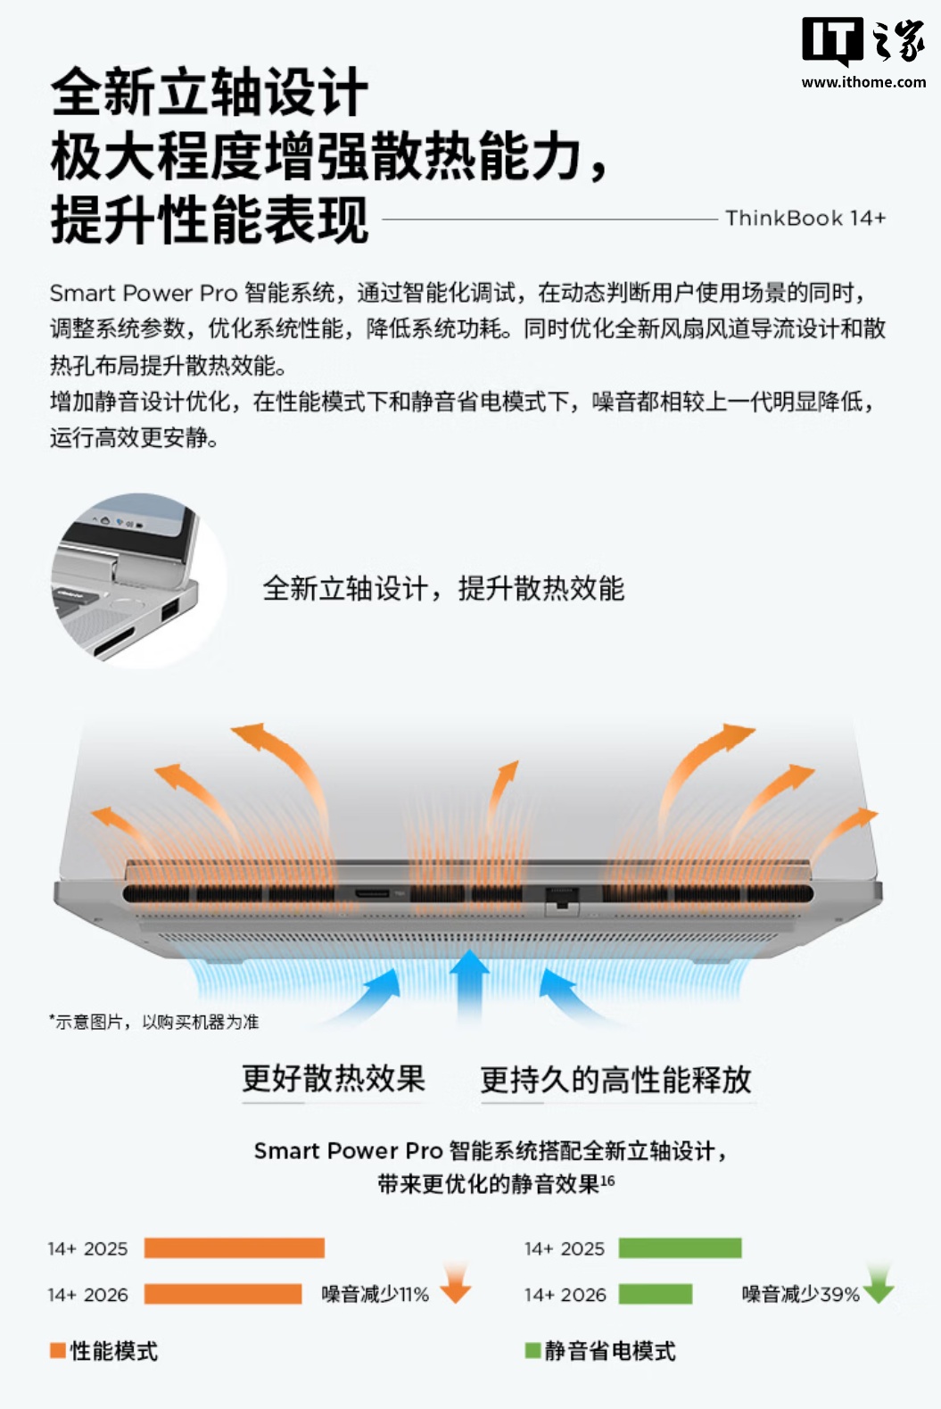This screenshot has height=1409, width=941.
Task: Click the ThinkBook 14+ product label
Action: pos(805,219)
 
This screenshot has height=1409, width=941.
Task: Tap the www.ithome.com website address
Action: pos(863,82)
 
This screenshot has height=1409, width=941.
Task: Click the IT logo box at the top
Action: pos(831,40)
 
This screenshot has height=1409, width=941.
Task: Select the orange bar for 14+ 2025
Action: pos(234,1248)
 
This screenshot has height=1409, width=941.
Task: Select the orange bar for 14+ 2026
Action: pos(222,1294)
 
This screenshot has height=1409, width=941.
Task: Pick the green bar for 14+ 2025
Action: pos(681,1248)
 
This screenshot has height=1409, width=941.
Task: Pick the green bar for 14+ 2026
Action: pos(655,1294)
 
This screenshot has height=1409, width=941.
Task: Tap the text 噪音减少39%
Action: pos(800,1294)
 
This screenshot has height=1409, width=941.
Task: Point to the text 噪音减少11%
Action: pos(376,1294)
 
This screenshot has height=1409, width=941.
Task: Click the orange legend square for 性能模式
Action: pos(58,1350)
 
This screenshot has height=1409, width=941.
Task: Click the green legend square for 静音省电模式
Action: pos(532,1350)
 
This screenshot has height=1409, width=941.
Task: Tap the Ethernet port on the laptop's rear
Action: pos(561,899)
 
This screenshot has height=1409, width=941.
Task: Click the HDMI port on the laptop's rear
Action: pos(372,893)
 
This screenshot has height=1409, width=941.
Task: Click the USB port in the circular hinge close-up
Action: pos(170,610)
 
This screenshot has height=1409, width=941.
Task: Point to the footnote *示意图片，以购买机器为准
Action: pos(154,1022)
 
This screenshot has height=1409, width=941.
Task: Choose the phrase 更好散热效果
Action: pos(334,1078)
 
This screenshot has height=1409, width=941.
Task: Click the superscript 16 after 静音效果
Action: pos(607,1180)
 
